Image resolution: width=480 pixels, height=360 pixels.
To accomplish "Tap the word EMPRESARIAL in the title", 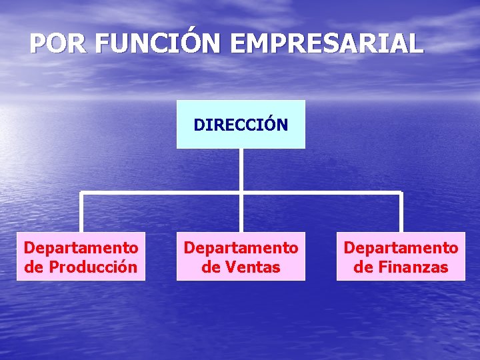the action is click(327, 44).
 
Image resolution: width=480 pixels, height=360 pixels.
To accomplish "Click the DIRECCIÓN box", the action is click(241, 124).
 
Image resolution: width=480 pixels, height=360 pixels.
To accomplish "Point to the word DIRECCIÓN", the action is click(241, 125).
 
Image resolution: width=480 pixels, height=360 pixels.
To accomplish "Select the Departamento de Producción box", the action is click(81, 257).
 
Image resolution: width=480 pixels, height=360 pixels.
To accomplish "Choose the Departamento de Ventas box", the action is click(241, 257).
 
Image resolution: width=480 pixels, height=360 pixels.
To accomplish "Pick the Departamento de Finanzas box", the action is click(401, 257).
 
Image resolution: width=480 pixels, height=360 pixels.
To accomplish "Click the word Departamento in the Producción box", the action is click(81, 248).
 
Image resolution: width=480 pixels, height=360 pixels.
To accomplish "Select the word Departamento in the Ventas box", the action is click(241, 248).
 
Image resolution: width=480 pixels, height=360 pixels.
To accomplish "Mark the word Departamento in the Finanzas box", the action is click(401, 248).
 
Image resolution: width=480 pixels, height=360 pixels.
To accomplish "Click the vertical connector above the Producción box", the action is click(81, 213).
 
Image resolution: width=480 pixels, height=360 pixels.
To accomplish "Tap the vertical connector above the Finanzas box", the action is click(401, 213).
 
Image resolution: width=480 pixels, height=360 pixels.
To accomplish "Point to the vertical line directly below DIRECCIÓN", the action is click(241, 170).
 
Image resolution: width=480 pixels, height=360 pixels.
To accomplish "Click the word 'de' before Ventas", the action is click(211, 268).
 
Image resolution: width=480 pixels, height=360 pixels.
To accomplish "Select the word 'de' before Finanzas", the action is click(363, 268).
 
